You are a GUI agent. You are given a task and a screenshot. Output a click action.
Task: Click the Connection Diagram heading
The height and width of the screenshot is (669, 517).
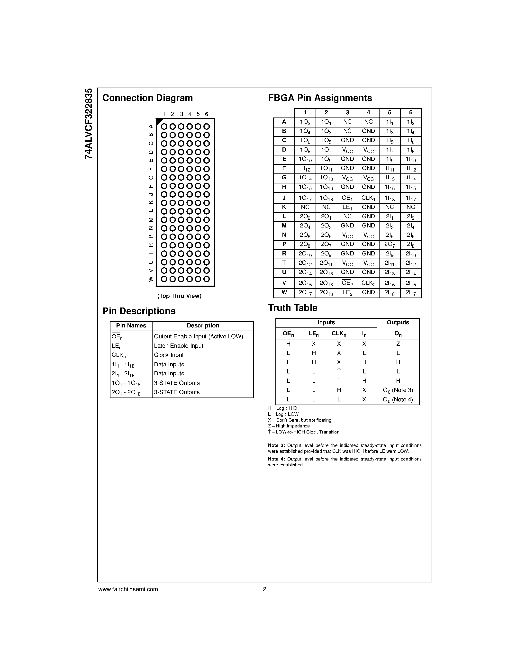(x=148, y=98)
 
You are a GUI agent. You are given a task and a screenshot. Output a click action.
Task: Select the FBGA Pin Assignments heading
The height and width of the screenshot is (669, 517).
(x=320, y=98)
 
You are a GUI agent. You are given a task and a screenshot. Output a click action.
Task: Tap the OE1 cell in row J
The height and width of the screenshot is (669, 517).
(x=347, y=198)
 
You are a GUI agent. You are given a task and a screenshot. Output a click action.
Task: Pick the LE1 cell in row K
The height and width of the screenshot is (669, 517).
(x=347, y=207)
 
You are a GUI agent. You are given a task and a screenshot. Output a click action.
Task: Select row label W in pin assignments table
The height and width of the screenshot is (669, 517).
(x=284, y=292)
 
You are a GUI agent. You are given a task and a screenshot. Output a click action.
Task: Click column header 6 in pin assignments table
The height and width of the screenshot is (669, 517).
(x=411, y=113)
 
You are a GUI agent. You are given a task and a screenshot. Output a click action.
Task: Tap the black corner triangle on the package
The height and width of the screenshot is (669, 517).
(x=159, y=122)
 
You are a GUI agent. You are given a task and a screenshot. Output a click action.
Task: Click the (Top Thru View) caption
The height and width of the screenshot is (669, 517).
(x=179, y=296)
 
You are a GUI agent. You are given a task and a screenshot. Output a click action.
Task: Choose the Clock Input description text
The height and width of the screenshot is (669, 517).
(x=169, y=355)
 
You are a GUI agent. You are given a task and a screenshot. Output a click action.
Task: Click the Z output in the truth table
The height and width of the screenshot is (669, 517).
(x=398, y=344)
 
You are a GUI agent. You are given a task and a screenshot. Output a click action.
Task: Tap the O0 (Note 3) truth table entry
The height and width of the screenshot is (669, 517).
(x=398, y=390)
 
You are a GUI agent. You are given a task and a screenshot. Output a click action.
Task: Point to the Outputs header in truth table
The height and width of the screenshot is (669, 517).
(x=398, y=323)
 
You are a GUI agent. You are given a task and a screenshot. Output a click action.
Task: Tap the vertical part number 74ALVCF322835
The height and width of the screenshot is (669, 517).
(x=89, y=124)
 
